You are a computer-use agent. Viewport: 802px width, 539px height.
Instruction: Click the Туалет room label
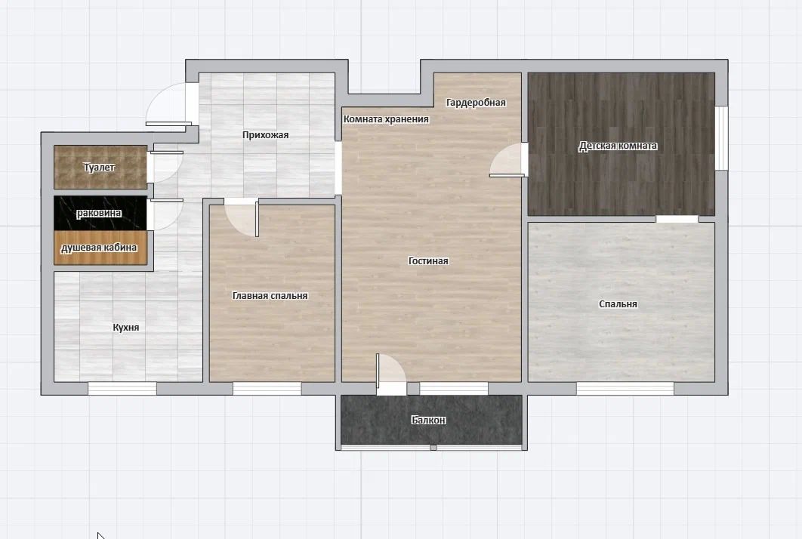click(x=99, y=168)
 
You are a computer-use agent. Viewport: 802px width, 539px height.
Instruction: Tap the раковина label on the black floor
click(x=99, y=213)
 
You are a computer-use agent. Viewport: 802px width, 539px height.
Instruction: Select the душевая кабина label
click(x=99, y=248)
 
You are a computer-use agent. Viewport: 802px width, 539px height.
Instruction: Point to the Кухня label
click(x=126, y=328)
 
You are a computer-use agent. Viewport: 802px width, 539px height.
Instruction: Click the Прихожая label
click(x=266, y=135)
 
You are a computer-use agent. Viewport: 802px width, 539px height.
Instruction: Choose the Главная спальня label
click(x=270, y=296)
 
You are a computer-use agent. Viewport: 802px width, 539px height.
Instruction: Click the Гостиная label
click(x=428, y=260)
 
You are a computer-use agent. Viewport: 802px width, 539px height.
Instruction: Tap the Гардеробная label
click(x=476, y=102)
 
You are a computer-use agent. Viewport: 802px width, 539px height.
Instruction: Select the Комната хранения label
click(x=386, y=119)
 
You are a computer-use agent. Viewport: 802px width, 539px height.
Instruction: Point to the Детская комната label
click(x=618, y=146)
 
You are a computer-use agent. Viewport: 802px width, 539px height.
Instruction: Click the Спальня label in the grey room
click(x=618, y=304)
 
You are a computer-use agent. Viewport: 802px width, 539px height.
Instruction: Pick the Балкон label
click(x=429, y=420)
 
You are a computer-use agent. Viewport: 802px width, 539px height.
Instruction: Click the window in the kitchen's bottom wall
click(x=122, y=389)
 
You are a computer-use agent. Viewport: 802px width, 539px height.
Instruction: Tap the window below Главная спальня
click(x=267, y=389)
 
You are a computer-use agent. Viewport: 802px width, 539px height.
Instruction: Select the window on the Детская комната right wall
click(x=721, y=137)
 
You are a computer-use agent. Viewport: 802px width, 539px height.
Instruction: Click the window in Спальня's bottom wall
click(x=625, y=389)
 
